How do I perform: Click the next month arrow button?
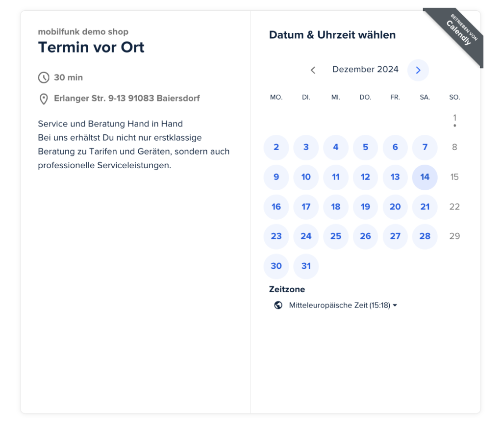pos(418,70)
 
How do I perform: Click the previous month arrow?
pos(313,70)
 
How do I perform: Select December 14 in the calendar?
pos(425,177)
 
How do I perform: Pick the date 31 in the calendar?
pos(306,266)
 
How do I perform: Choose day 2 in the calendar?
pos(276,147)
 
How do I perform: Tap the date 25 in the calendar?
pos(336,236)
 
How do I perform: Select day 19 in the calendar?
pos(365,207)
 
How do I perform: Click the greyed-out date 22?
pos(454,207)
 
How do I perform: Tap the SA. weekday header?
pos(425,98)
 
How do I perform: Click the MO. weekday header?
pos(276,98)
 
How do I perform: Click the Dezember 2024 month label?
pos(365,70)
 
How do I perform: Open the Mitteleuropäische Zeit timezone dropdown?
pos(343,305)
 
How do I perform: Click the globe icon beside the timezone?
pos(278,305)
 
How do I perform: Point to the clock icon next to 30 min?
pos(44,77)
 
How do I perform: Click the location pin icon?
pos(44,99)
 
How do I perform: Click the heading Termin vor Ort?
pos(91,48)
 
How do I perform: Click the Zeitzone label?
pos(287,289)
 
